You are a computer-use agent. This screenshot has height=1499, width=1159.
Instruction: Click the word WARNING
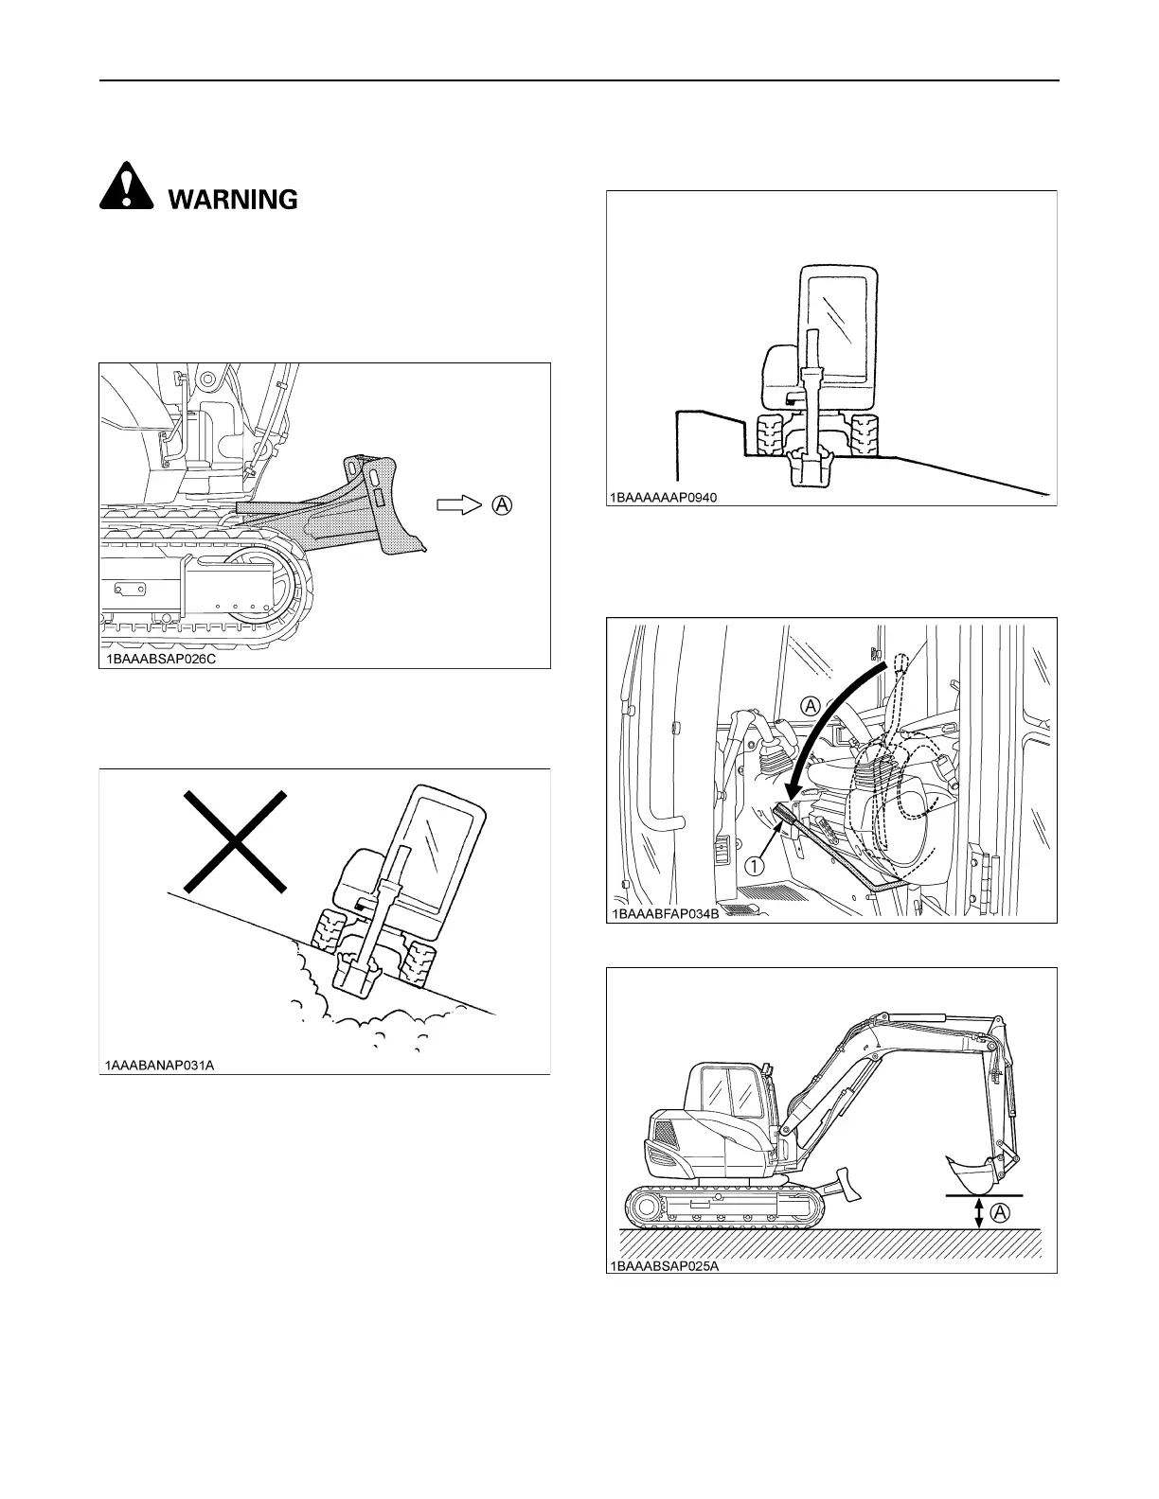[232, 200]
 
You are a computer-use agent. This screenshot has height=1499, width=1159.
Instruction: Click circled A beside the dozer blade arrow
[503, 505]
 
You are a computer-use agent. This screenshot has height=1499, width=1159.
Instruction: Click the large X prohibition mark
[234, 841]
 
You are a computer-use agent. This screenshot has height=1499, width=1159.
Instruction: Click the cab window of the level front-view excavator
[837, 322]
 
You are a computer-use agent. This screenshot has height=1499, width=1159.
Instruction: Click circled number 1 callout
[755, 865]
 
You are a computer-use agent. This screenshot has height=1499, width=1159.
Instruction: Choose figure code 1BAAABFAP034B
[668, 913]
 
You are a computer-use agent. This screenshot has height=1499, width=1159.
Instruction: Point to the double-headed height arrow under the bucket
[979, 1212]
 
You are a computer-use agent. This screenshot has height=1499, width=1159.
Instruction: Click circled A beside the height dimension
[1001, 1212]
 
